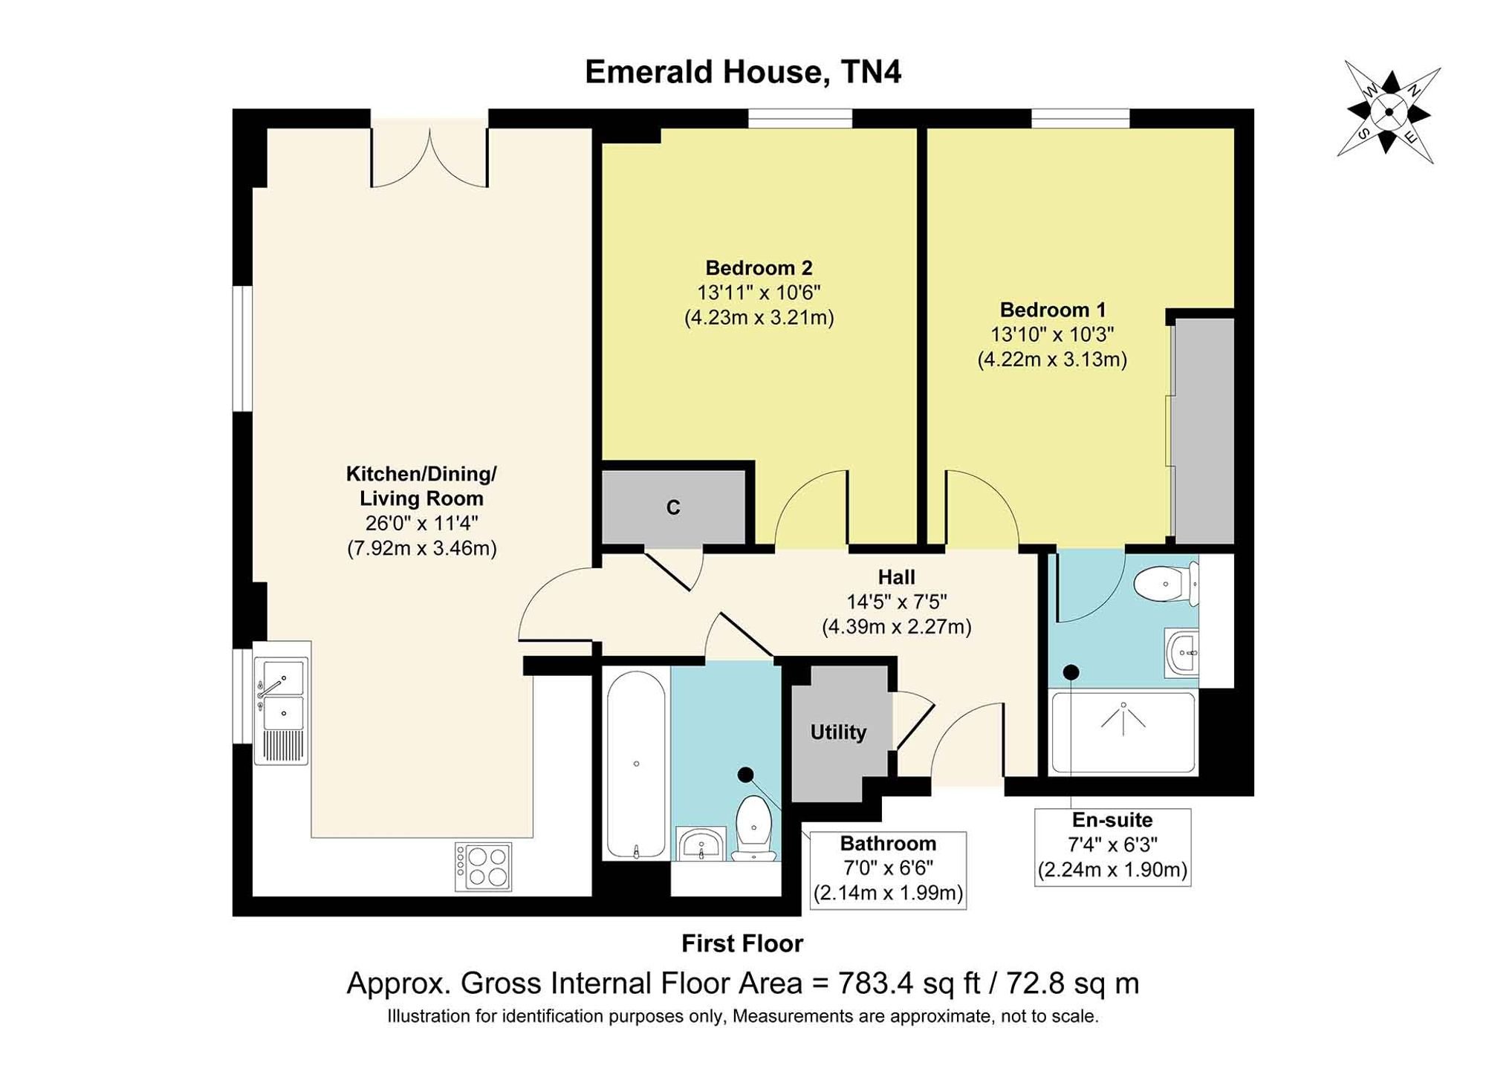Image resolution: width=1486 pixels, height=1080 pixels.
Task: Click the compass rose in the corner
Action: pyautogui.click(x=1389, y=113)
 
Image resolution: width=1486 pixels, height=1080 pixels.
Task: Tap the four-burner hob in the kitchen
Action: pyautogui.click(x=483, y=867)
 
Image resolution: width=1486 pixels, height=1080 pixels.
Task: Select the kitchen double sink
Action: pyautogui.click(x=282, y=710)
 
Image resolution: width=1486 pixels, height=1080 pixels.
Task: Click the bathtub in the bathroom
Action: pyautogui.click(x=636, y=765)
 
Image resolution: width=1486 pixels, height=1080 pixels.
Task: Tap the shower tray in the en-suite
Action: pyautogui.click(x=1123, y=732)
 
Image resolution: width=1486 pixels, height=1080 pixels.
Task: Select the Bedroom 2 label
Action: pyautogui.click(x=759, y=268)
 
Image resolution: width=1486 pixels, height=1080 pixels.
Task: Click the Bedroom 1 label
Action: pyautogui.click(x=1052, y=310)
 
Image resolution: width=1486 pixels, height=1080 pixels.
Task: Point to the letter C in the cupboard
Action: pyautogui.click(x=673, y=507)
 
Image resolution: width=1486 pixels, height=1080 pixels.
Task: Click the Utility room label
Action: pyautogui.click(x=838, y=732)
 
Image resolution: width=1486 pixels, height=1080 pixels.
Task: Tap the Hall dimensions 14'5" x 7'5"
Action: pyautogui.click(x=897, y=602)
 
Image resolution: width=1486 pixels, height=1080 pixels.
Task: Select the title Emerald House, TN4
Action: pyautogui.click(x=743, y=72)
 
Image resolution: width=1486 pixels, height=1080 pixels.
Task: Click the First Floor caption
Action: pyautogui.click(x=742, y=943)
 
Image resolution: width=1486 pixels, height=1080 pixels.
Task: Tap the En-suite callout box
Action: pyautogui.click(x=1112, y=847)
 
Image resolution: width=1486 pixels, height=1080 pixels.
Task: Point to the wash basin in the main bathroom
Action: pyautogui.click(x=701, y=844)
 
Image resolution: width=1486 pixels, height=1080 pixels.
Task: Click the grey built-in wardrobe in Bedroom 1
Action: pyautogui.click(x=1203, y=432)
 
